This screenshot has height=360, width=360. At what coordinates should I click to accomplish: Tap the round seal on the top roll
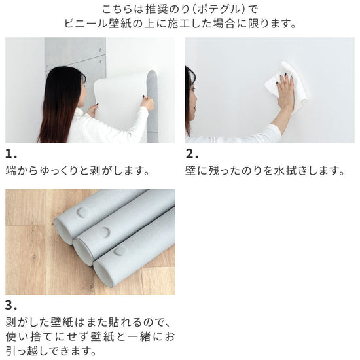83,213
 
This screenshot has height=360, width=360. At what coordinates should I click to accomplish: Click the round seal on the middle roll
103,232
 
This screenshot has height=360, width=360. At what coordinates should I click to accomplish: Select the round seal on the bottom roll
120,251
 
